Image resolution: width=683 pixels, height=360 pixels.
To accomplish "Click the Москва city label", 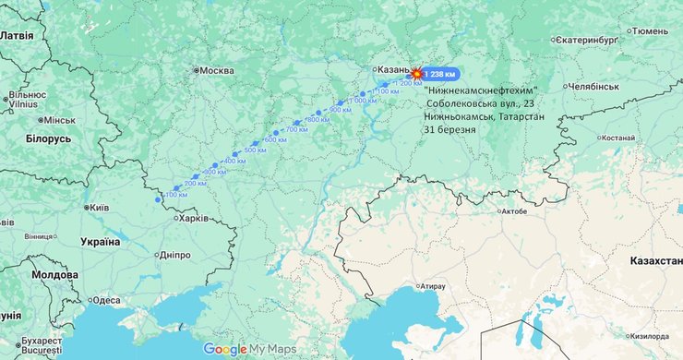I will pos(217,70).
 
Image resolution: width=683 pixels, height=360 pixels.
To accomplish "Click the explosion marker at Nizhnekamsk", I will pos(416,72).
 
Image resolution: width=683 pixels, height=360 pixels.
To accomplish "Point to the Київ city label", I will pos(98,208).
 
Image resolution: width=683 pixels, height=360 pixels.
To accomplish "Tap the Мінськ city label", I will pos(59,120).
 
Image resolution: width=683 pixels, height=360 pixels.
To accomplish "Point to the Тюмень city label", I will pos(650,31).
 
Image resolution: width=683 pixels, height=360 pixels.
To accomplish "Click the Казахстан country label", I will pos(655,261).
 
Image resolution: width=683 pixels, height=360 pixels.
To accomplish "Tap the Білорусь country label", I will pos(48,138).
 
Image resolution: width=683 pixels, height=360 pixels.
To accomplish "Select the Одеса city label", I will pos(105,300).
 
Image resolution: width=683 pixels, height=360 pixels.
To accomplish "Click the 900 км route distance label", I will pos(341,110).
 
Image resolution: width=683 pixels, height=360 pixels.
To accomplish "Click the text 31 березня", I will pos(450,130).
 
